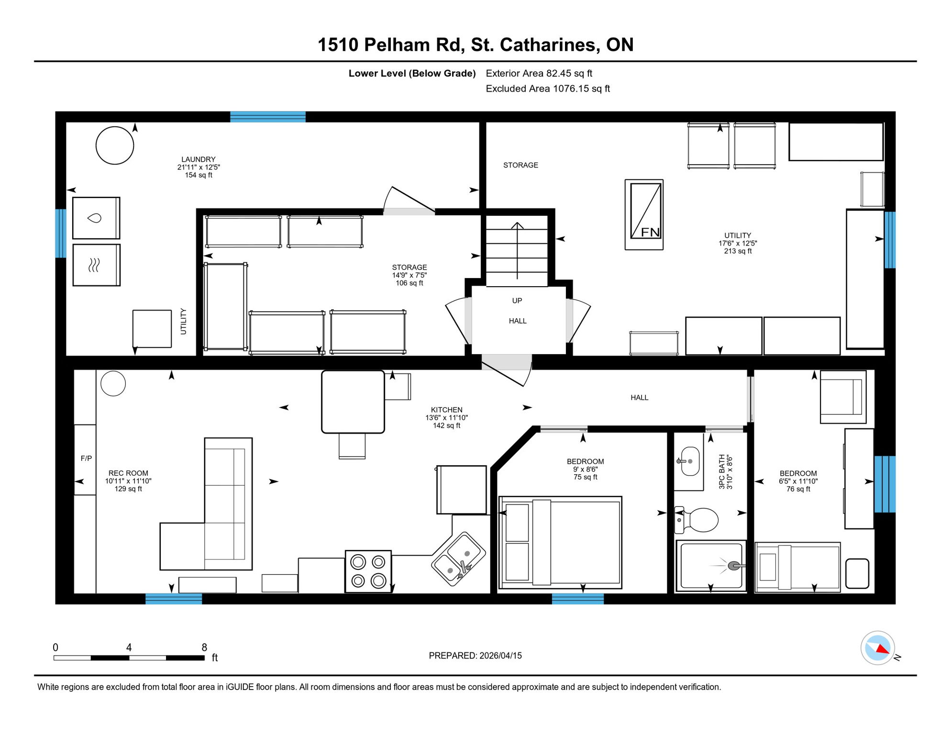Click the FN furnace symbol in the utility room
click(644, 214)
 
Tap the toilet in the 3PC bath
click(699, 520)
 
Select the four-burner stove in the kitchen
click(368, 571)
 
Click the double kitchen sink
click(458, 558)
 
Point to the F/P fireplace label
click(86, 458)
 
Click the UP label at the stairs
click(517, 301)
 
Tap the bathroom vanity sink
click(689, 461)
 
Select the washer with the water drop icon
click(96, 218)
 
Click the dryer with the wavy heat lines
click(96, 265)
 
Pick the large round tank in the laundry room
click(115, 145)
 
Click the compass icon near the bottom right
click(877, 648)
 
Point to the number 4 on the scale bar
click(129, 647)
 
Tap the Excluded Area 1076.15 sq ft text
click(547, 89)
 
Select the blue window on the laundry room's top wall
click(268, 117)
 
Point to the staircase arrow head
click(517, 225)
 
